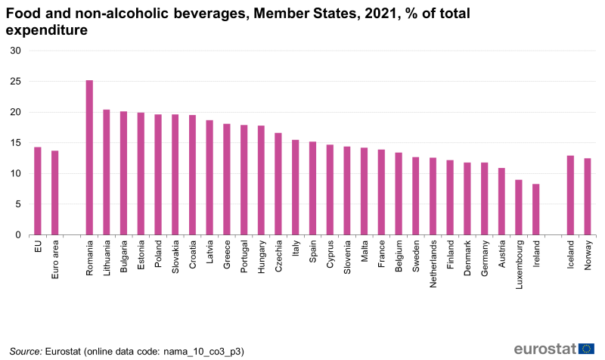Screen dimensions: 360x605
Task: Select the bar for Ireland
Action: click(x=536, y=209)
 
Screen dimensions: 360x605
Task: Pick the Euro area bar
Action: click(x=55, y=193)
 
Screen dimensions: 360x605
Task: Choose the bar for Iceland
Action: click(x=570, y=195)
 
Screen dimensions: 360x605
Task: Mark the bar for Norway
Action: click(x=588, y=197)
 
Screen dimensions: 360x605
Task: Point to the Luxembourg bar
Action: click(x=519, y=207)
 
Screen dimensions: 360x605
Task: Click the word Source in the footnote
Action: click(x=26, y=351)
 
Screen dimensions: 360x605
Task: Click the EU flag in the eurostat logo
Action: click(x=586, y=349)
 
